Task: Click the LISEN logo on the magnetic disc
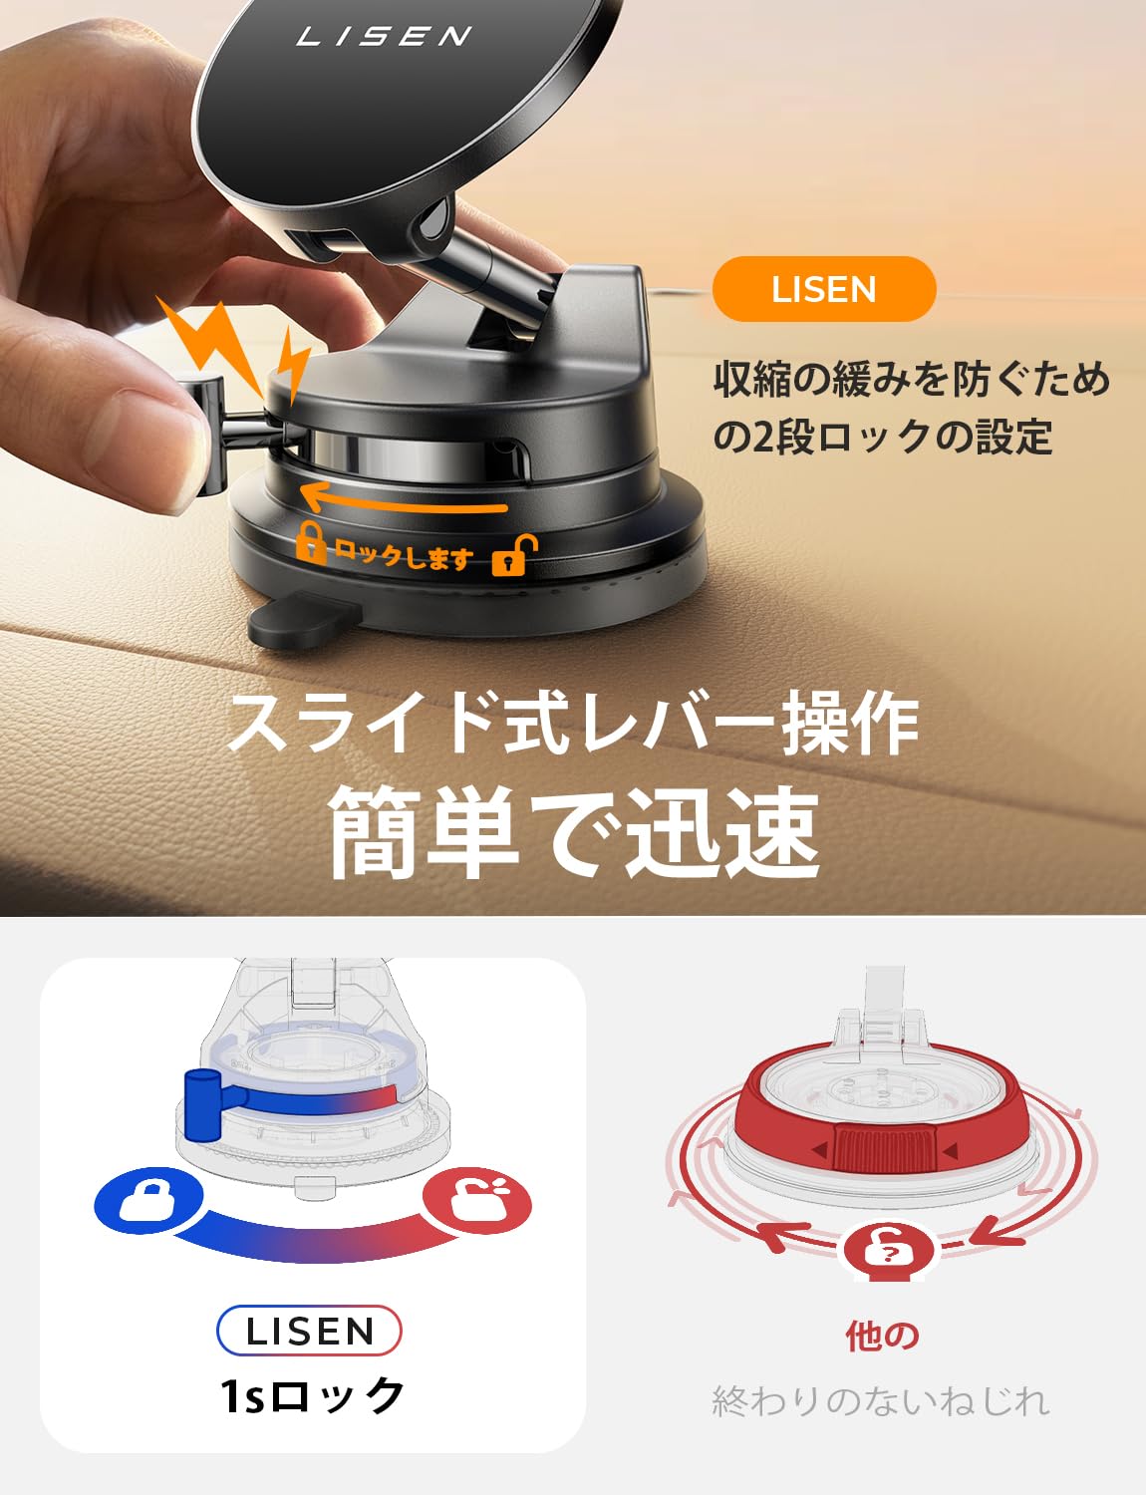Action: pos(383,36)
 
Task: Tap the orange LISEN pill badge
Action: pos(823,289)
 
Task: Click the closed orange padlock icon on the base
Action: pos(312,543)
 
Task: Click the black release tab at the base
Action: pos(303,622)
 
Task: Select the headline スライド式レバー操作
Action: pos(573,724)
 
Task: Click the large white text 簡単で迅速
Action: pos(574,832)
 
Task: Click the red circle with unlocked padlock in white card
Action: pos(476,1200)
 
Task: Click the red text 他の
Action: pos(883,1336)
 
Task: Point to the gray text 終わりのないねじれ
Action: pos(881,1400)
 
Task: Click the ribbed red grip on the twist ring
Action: pos(885,1147)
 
